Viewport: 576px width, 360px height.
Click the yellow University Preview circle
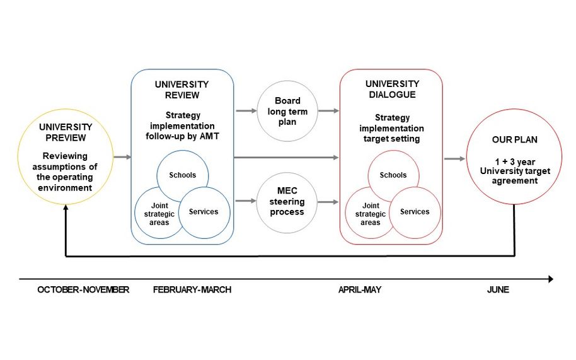[66, 158]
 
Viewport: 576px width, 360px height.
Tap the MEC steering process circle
[287, 202]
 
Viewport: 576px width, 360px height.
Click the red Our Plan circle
[514, 158]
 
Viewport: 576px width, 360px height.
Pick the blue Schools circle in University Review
[183, 175]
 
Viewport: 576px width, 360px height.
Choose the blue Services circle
[204, 212]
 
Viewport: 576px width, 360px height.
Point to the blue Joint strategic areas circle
[156, 213]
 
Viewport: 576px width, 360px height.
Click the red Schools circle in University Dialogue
[393, 175]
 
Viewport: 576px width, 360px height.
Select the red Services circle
[414, 212]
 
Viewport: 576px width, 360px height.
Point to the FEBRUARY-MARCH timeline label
[192, 290]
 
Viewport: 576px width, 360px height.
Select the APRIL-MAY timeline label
[360, 290]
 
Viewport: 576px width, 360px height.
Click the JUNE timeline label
[498, 290]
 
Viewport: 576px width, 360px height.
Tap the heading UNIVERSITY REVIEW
[181, 90]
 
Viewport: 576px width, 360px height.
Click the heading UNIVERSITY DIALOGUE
[391, 90]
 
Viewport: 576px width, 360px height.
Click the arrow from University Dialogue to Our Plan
[454, 159]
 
